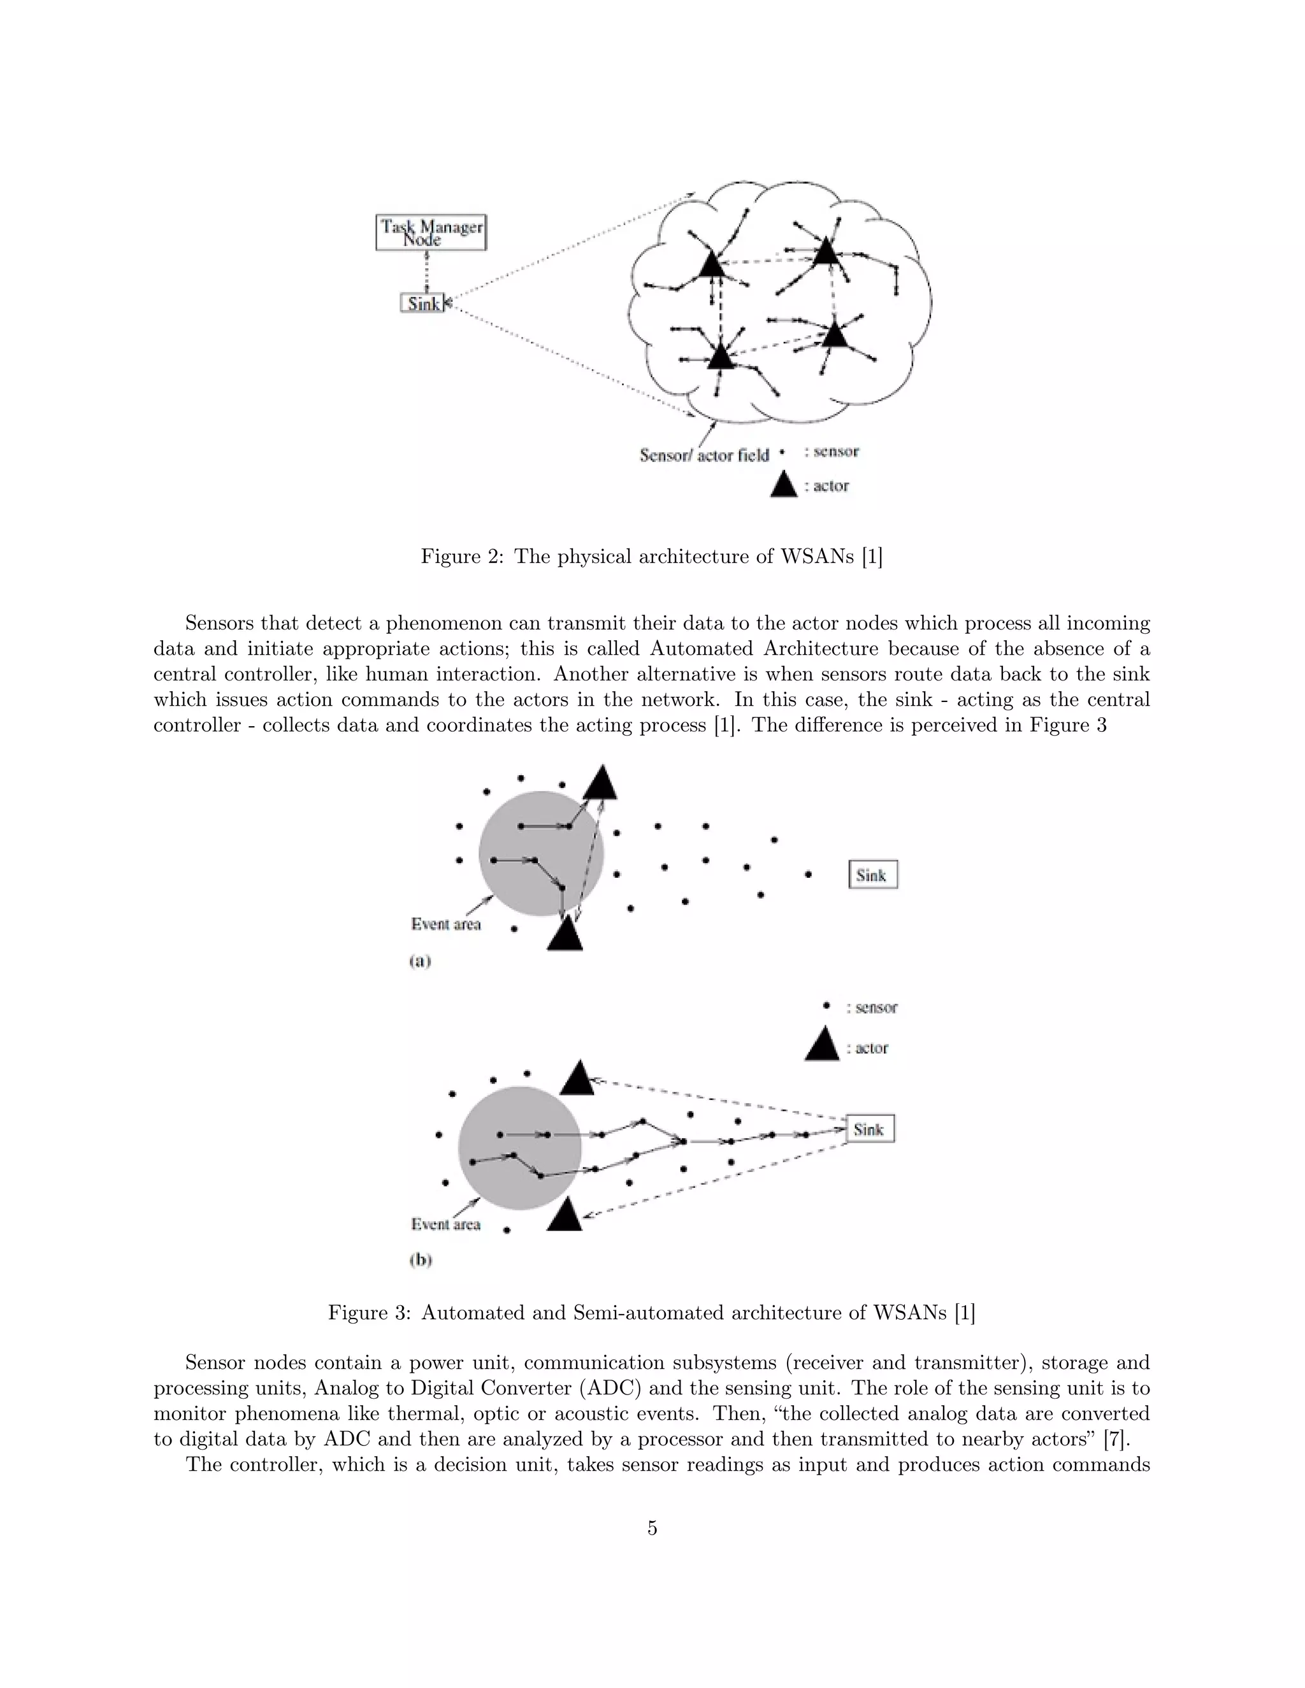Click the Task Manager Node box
431,232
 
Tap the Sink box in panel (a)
873,875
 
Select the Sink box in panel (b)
870,1129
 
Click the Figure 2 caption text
651,557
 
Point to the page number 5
652,1528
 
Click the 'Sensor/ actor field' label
703,455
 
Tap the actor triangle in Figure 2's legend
784,485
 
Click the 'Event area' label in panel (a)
445,924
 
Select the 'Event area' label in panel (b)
445,1224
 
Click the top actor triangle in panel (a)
600,783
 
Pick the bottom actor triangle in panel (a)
565,935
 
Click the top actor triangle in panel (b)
577,1079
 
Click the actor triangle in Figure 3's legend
822,1045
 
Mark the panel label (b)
421,1260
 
